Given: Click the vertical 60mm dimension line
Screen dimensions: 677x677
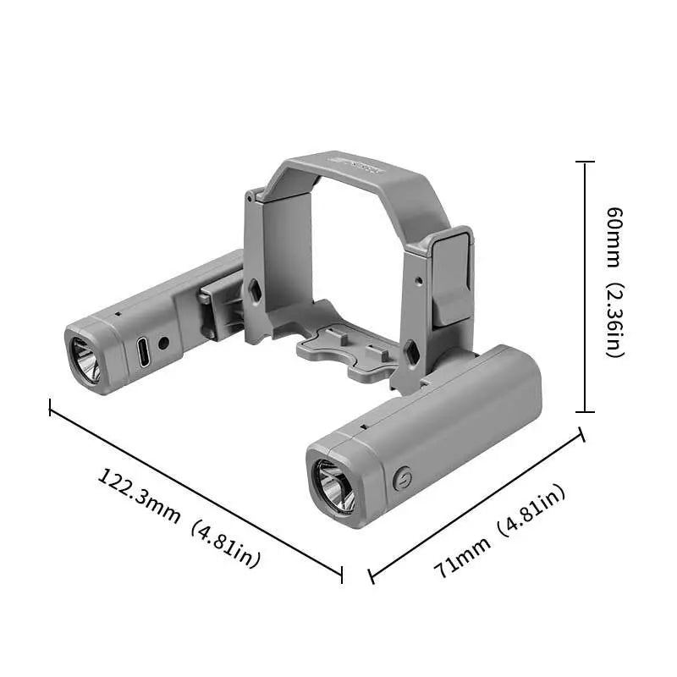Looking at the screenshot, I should tap(585, 288).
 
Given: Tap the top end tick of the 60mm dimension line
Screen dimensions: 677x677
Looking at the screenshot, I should tap(585, 162).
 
